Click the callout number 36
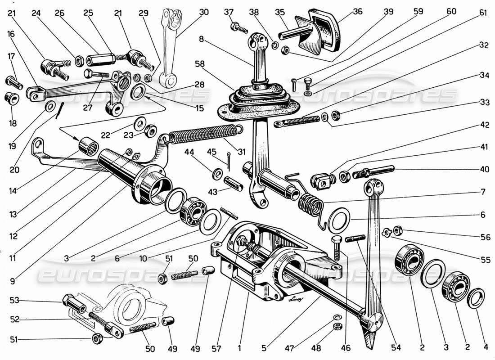point(357,12)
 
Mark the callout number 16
point(10,33)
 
